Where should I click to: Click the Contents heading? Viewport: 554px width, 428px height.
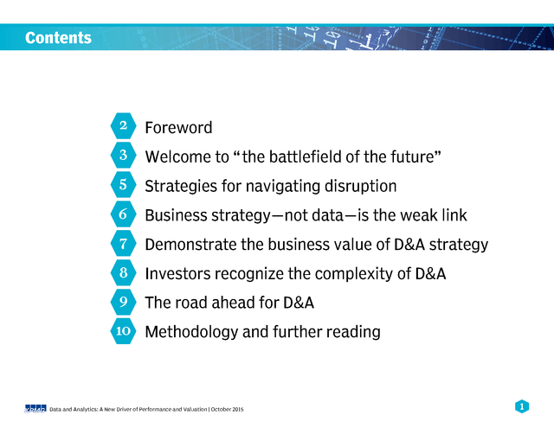pos(58,38)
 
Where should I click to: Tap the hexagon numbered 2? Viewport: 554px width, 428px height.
pos(123,125)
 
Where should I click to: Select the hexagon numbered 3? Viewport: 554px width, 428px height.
pos(123,155)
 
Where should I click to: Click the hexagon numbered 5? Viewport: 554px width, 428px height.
pos(123,184)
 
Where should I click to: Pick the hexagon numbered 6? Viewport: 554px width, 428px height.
pos(123,214)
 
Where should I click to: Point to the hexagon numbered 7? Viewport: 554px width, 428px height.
pos(123,243)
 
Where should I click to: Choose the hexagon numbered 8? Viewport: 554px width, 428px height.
pos(123,272)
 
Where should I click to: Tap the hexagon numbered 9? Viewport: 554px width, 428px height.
pos(123,302)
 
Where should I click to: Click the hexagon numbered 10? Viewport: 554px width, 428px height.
pos(123,330)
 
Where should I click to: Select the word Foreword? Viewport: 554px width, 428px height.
pos(178,127)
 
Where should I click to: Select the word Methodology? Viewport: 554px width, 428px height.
pos(191,332)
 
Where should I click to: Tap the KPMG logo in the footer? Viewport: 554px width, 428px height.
pos(35,409)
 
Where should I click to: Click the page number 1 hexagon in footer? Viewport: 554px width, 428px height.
pos(522,406)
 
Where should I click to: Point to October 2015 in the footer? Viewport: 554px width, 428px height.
pos(227,409)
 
